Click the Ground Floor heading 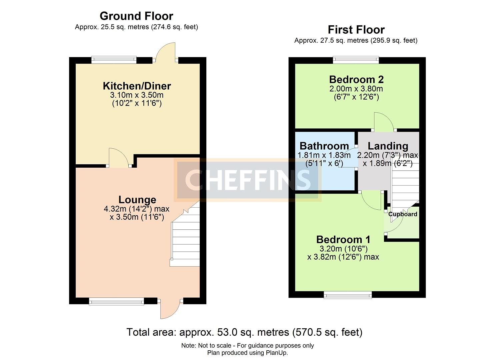coord(136,16)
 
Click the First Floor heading coord(356,30)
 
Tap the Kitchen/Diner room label coord(137,86)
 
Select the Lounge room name coord(137,200)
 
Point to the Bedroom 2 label coord(356,80)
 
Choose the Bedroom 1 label coord(343,239)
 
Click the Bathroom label coord(324,146)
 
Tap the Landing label coord(388,146)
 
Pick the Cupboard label coord(403,214)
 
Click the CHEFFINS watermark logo coord(248,180)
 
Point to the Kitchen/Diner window coord(114,60)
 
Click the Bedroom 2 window coord(356,60)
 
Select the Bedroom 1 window coord(348,294)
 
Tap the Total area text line coord(244,332)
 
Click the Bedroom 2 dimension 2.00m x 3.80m coord(356,89)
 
